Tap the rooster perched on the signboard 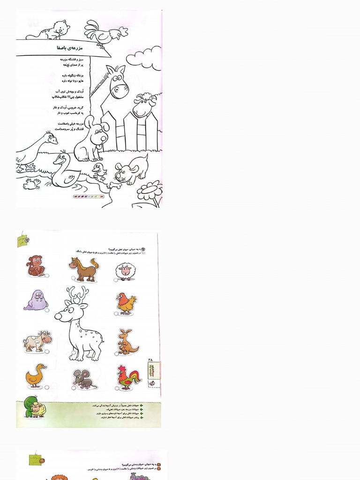104,33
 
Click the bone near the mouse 113,185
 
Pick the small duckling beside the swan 99,171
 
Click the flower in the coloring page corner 150,192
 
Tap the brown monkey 36,266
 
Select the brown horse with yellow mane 84,269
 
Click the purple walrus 36,300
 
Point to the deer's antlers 78,295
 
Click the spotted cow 37,341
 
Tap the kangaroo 127,342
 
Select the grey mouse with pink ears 84,378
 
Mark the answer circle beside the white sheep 116,280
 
